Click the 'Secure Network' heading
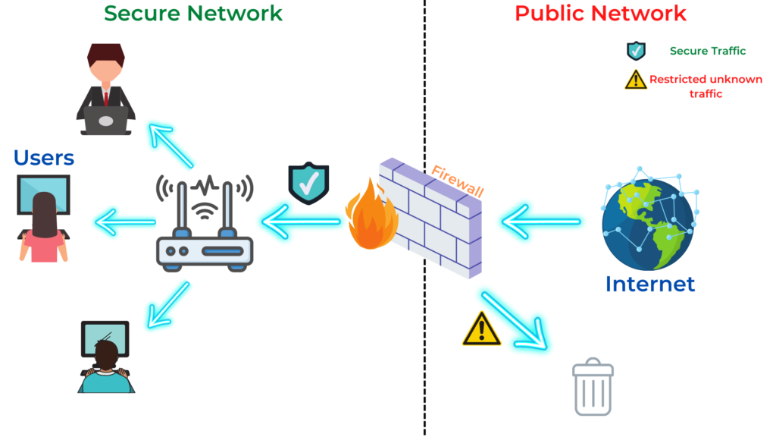point(193,13)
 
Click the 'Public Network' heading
point(600,13)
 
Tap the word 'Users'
point(44,157)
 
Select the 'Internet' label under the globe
point(649,284)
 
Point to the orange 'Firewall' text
point(458,180)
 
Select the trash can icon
point(593,387)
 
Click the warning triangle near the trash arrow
point(481,329)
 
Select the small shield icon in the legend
point(636,51)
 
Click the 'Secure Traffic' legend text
point(707,51)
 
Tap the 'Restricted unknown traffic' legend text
point(695,86)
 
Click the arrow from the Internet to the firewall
point(540,222)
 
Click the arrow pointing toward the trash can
point(515,319)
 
